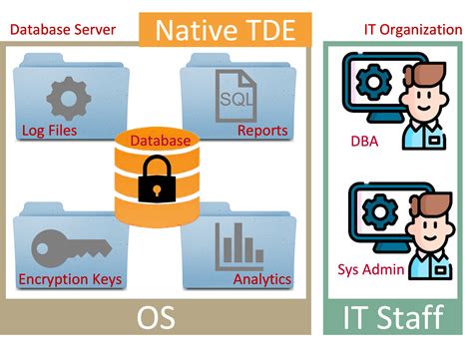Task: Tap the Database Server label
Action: coord(61,28)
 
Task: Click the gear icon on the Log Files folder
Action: coord(69,98)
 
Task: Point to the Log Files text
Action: coord(50,130)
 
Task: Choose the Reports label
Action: coord(262,130)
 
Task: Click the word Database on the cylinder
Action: coord(160,141)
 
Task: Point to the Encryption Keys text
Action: coord(70,279)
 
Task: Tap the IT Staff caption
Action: coord(393,318)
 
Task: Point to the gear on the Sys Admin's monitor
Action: coord(378,209)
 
